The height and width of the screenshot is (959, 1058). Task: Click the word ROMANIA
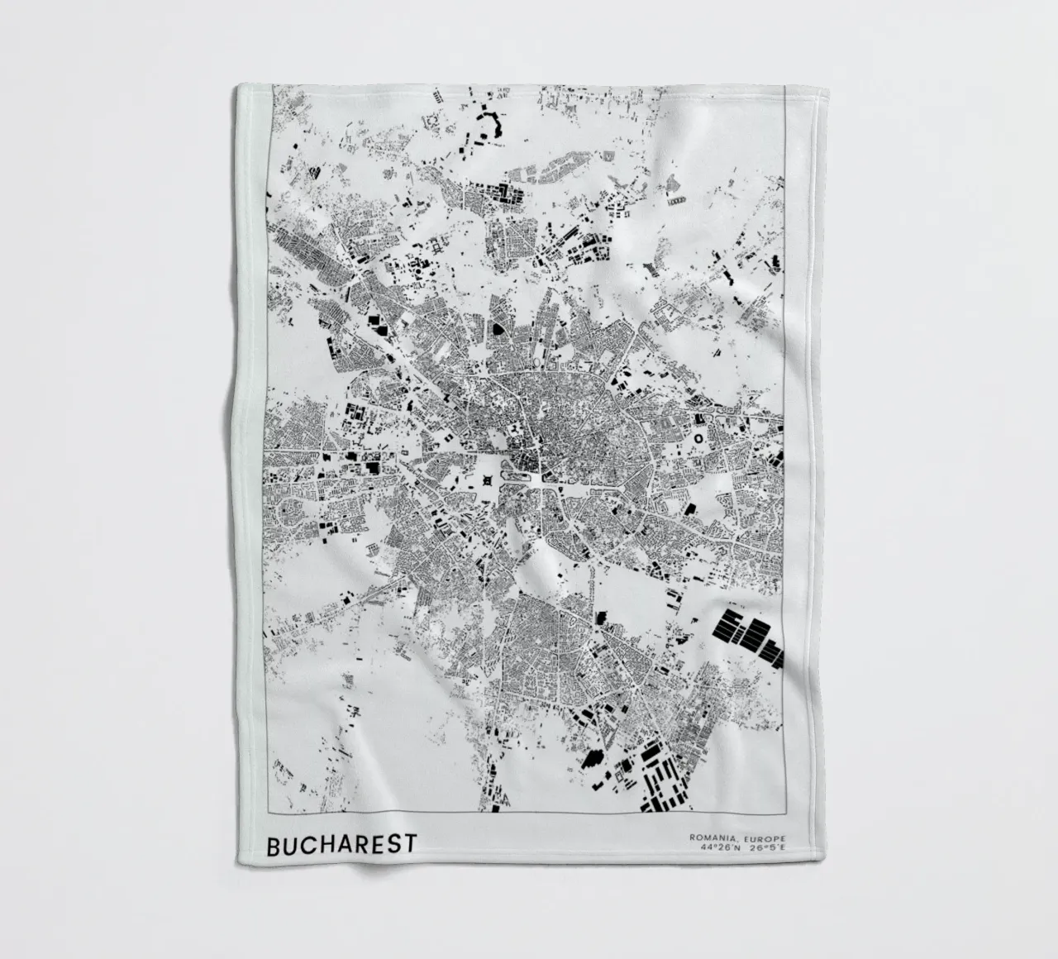pyautogui.click(x=711, y=838)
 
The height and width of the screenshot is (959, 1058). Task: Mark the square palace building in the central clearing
pyautogui.click(x=488, y=479)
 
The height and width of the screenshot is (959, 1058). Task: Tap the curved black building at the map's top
pyautogui.click(x=497, y=125)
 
